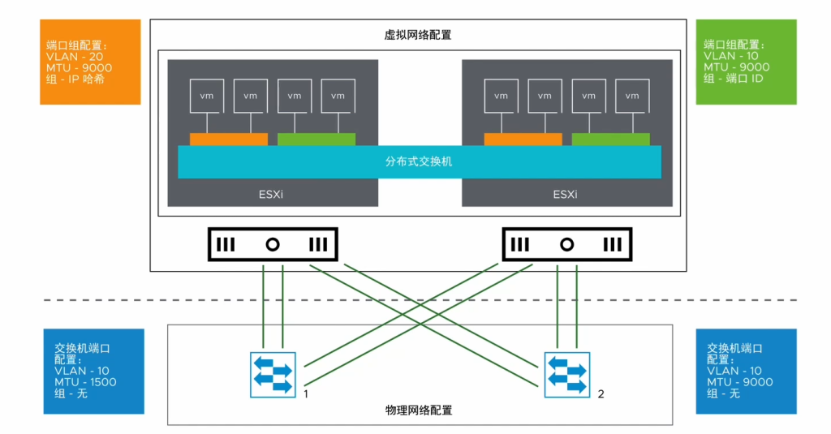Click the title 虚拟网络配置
(x=417, y=35)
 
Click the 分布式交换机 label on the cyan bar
(x=419, y=161)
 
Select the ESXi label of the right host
(x=565, y=195)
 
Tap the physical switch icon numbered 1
(x=273, y=374)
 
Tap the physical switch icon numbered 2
(x=567, y=374)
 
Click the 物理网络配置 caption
(x=419, y=410)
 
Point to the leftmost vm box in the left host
(x=206, y=95)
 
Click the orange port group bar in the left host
(x=228, y=140)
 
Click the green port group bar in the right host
(x=610, y=140)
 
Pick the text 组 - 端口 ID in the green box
(x=734, y=79)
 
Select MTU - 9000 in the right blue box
(x=740, y=382)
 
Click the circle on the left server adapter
(x=273, y=243)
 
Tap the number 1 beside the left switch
(x=305, y=393)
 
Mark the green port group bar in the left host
(x=316, y=140)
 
